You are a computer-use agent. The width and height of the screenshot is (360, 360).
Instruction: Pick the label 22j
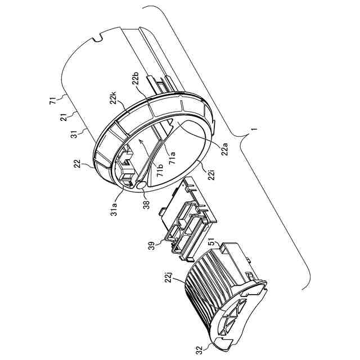tap(171, 276)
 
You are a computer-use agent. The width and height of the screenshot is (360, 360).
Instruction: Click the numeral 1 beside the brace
tap(255, 129)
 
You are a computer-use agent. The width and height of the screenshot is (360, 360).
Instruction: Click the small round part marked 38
tap(141, 184)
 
